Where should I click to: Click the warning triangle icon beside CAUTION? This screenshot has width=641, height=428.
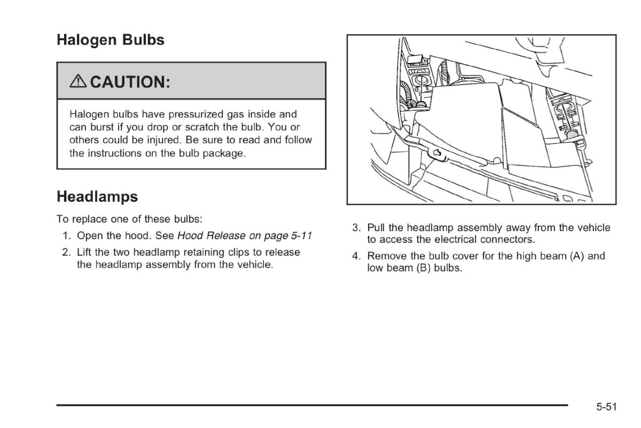(x=78, y=81)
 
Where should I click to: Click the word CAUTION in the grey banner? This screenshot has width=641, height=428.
(x=130, y=82)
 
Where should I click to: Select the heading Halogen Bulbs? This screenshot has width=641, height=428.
(x=111, y=40)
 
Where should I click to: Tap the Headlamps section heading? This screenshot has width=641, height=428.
(x=97, y=197)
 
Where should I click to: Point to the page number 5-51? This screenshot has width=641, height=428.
(x=606, y=407)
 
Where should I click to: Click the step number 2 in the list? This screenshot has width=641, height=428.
(x=66, y=252)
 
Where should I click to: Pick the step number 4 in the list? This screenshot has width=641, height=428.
(x=356, y=256)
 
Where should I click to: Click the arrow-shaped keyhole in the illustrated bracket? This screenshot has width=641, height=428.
(x=437, y=153)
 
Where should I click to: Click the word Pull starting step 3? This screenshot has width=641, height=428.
(x=376, y=227)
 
